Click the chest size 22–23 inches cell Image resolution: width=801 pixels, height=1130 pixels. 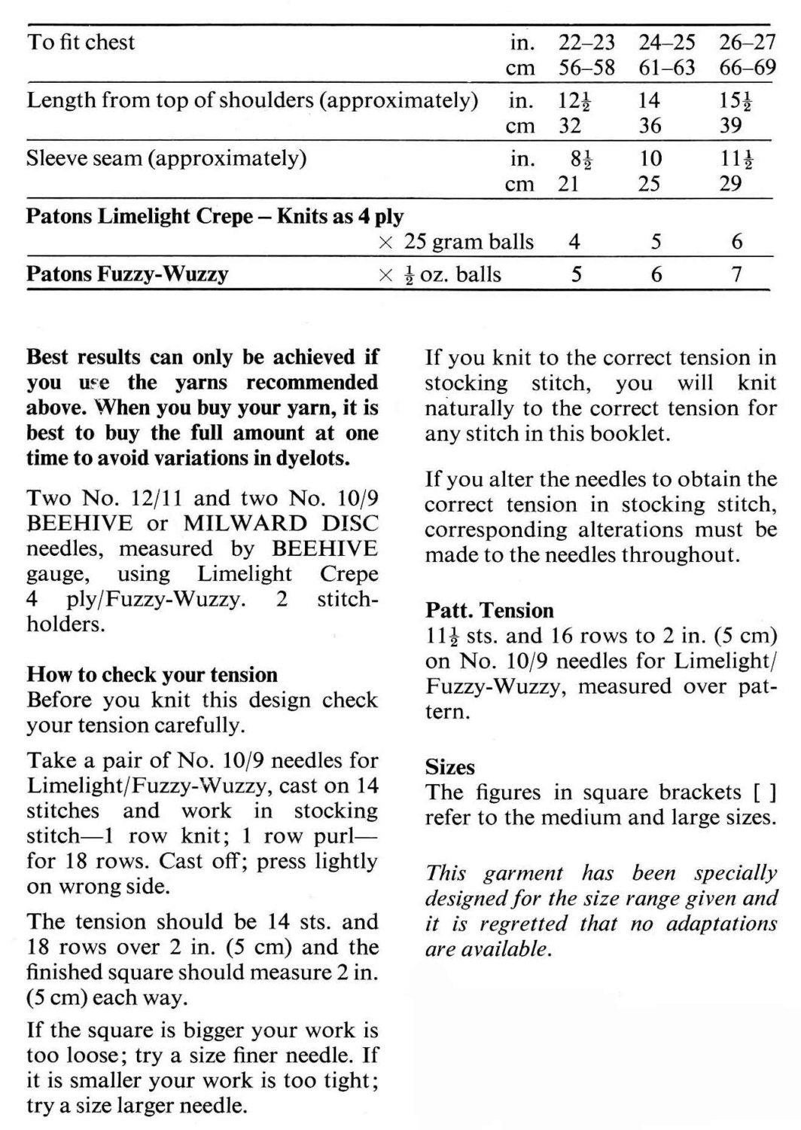click(x=586, y=42)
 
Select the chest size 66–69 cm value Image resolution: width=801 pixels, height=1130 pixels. click(x=747, y=68)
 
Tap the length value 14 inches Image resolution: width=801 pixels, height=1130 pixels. click(x=649, y=100)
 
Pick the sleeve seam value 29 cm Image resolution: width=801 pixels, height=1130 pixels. click(x=730, y=184)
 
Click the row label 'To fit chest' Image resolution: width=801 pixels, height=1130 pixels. click(x=81, y=41)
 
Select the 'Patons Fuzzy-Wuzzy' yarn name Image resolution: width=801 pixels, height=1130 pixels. click(x=127, y=273)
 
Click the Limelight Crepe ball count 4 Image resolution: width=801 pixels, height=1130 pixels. click(x=574, y=242)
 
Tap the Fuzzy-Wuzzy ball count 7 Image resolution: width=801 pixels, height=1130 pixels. click(x=737, y=274)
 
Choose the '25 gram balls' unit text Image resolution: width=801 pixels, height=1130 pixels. click(x=468, y=242)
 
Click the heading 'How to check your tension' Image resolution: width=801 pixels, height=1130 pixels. click(x=152, y=674)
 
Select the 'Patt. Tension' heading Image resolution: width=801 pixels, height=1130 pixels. click(x=489, y=609)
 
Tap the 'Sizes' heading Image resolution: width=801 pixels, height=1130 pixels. click(x=450, y=768)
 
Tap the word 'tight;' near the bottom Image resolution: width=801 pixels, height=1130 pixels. click(x=349, y=1081)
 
